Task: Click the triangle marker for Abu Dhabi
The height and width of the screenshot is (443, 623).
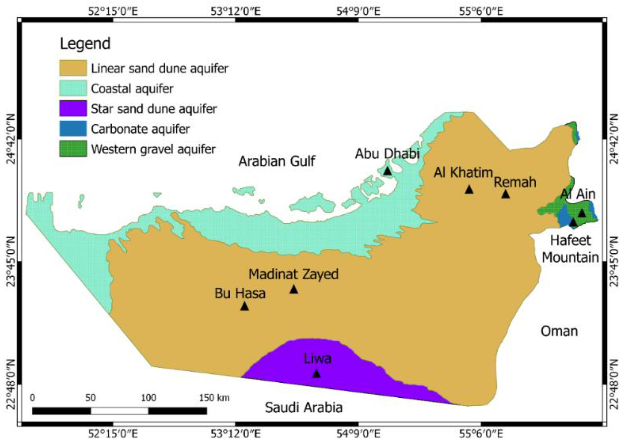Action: (387, 171)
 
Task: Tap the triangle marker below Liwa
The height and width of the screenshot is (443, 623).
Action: (316, 373)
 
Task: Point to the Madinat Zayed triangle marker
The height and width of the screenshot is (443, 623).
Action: (294, 289)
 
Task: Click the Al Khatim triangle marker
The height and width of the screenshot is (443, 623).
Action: (469, 189)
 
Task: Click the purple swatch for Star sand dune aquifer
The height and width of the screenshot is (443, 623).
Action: (73, 108)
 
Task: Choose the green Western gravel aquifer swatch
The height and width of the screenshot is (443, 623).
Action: (73, 149)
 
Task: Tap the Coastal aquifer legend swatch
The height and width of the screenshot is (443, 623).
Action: (73, 88)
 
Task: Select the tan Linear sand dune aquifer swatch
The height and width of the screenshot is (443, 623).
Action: (73, 68)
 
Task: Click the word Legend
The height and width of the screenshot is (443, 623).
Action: (85, 44)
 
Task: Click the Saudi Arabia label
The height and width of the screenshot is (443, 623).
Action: (304, 408)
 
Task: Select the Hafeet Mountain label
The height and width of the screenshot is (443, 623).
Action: (570, 249)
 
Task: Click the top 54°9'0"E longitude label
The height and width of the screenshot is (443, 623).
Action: (358, 12)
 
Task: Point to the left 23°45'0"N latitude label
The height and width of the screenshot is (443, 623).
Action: (10, 262)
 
